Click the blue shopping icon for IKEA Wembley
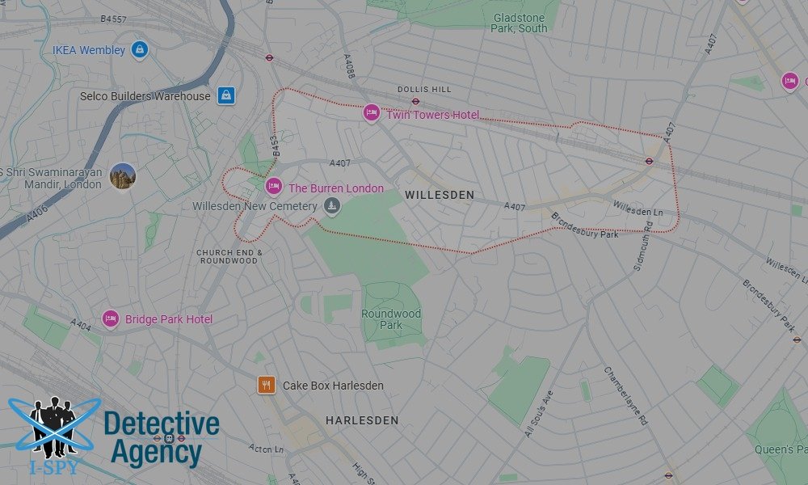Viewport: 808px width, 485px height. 140,50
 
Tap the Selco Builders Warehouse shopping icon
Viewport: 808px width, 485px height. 225,95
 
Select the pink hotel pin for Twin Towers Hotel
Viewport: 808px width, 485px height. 371,113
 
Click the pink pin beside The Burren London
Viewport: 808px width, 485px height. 274,187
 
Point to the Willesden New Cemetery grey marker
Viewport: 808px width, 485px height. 330,207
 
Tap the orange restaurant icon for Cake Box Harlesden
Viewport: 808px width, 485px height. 267,385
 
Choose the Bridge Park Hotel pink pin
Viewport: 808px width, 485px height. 111,319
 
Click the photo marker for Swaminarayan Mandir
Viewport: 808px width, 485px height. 123,175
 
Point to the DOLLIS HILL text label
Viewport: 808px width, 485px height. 419,90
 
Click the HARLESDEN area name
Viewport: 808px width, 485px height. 362,420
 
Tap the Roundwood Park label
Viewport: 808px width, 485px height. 391,319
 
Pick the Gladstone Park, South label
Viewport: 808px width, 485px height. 519,22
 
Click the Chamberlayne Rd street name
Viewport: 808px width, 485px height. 626,395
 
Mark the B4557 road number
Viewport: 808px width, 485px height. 114,19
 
